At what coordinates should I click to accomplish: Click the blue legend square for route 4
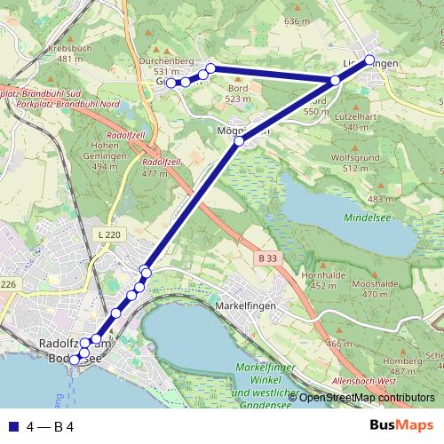[13, 426]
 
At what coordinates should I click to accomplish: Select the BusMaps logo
[401, 426]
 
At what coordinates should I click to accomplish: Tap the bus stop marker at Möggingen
[239, 140]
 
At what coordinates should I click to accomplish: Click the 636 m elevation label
[295, 20]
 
